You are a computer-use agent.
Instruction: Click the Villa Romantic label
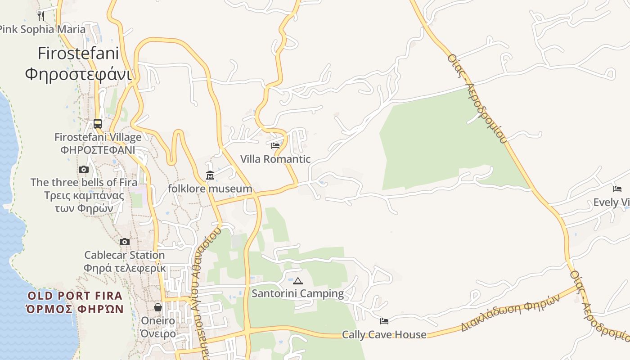(275, 159)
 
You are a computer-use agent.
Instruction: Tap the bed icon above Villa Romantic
(275, 146)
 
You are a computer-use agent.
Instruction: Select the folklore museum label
(210, 189)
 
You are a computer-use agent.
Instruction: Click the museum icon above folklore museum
(210, 175)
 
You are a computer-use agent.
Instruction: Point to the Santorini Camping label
(297, 294)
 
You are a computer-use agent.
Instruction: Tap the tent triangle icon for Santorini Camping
(297, 281)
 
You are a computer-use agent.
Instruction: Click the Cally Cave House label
(384, 334)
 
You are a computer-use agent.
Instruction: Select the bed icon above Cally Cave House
(384, 321)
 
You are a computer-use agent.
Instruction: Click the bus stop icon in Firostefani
(98, 123)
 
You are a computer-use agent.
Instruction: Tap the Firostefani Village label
(98, 137)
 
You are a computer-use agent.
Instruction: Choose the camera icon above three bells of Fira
(84, 170)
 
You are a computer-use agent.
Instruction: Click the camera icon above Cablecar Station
(125, 242)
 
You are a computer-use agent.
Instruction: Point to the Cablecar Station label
(125, 255)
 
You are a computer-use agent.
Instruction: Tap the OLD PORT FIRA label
(75, 296)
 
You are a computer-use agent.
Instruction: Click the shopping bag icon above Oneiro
(158, 307)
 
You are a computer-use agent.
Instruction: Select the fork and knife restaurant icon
(41, 16)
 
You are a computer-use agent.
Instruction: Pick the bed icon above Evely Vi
(617, 189)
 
